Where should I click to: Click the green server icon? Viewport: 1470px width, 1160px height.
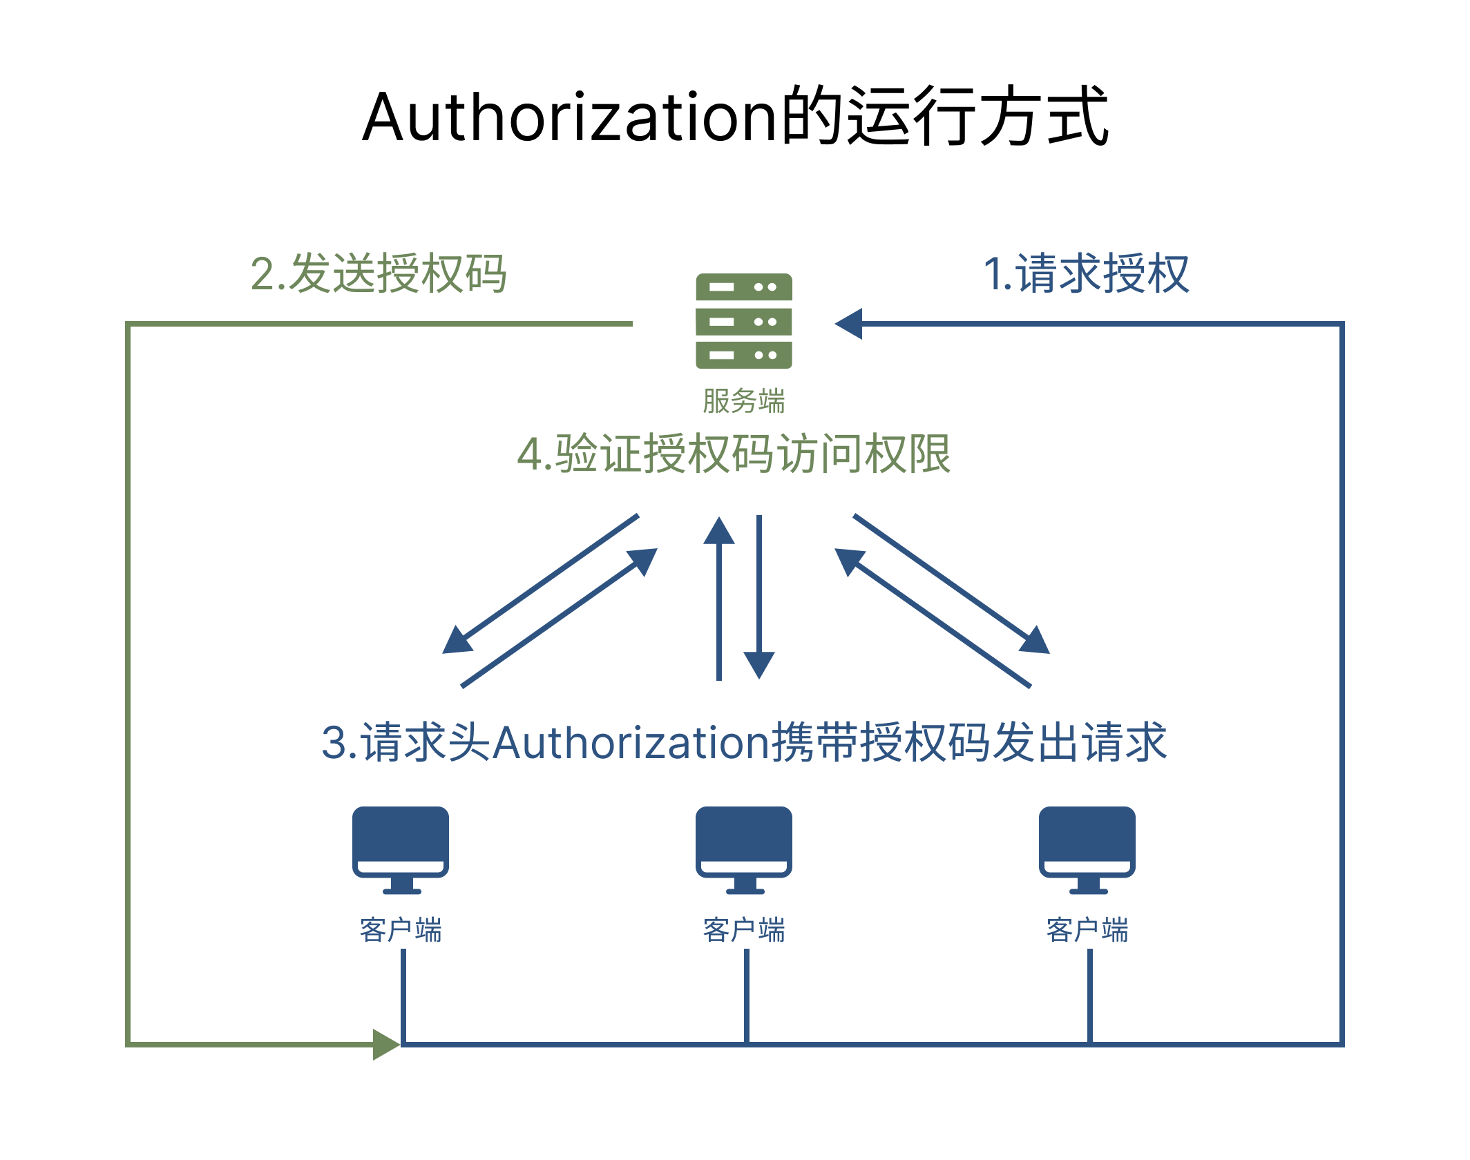coord(743,321)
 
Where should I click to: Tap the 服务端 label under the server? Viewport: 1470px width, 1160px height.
coord(743,401)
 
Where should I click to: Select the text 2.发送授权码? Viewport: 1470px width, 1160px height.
coord(379,274)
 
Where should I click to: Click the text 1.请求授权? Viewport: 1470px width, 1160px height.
coord(1086,274)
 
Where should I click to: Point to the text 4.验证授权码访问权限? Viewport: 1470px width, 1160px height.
coord(734,454)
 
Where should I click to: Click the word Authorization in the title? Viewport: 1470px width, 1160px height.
coord(571,117)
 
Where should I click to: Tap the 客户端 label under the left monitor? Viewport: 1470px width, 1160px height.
coord(400,930)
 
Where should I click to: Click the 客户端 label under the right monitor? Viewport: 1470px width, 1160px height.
coord(1087,930)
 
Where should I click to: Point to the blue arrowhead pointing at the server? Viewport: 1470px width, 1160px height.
coord(850,324)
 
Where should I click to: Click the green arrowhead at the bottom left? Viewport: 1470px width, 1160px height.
coord(385,1044)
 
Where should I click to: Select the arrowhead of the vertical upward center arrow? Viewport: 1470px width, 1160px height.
coord(719,532)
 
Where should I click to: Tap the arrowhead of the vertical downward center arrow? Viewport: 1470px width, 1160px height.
coord(758,664)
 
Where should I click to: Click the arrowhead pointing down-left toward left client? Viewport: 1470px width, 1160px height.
coord(456,641)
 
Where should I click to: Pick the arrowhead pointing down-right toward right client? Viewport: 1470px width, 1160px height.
coord(1035,641)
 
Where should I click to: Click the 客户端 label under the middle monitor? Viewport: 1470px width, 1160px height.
coord(743,930)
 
